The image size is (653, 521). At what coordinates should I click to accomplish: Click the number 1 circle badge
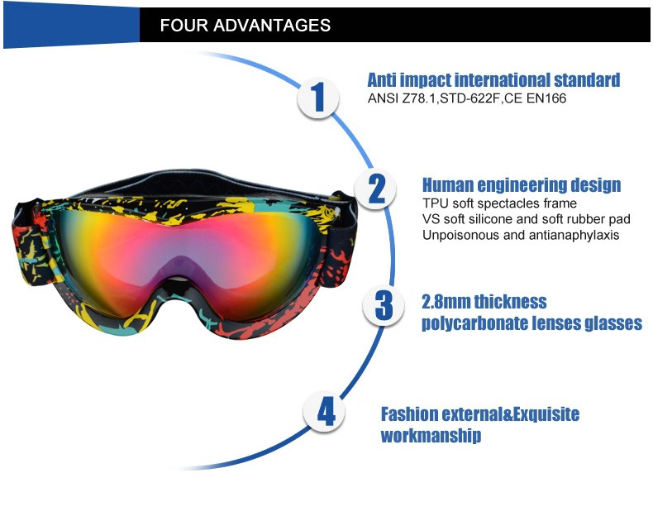point(318,98)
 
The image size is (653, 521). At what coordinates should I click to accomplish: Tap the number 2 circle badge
point(375,189)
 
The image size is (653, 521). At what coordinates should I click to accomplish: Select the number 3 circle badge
point(384,304)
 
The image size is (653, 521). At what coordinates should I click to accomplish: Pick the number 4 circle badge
point(324,412)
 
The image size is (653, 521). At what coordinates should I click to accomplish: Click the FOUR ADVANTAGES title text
point(245,25)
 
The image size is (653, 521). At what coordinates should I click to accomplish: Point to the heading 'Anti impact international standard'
point(493,79)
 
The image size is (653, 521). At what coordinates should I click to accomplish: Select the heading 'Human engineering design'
point(522,184)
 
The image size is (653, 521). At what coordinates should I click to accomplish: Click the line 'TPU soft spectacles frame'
point(499,203)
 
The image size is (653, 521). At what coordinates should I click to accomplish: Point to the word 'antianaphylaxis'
point(574,235)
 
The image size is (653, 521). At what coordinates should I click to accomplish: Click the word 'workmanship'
point(431,436)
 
